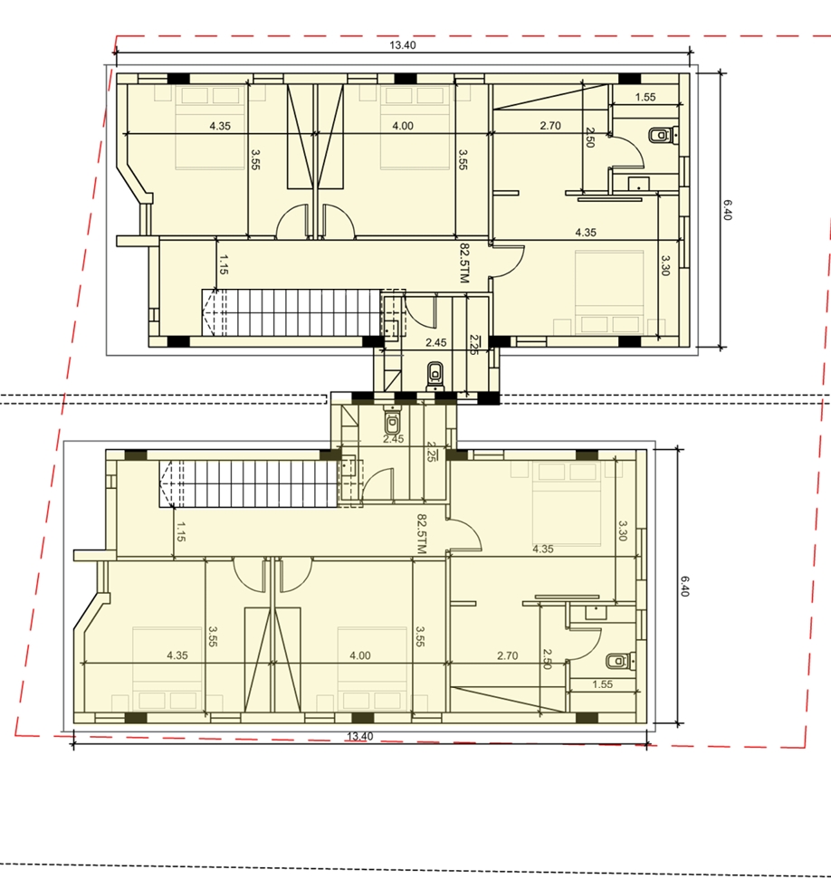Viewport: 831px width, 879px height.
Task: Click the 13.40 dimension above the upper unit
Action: [403, 45]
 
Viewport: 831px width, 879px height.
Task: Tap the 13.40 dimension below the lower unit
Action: [359, 736]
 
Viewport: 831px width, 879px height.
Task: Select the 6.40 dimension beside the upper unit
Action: [727, 210]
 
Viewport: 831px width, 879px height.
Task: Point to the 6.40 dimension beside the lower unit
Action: [684, 586]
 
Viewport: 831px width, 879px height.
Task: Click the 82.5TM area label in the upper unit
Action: [464, 263]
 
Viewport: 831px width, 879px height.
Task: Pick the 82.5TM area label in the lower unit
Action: [422, 534]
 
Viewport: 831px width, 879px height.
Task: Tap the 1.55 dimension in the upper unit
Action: [645, 97]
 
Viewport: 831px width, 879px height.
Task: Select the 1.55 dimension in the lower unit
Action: [602, 683]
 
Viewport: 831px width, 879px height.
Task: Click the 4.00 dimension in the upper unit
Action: [403, 126]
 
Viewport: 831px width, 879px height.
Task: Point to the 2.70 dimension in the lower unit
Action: [508, 655]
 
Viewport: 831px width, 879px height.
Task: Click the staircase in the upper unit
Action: [291, 312]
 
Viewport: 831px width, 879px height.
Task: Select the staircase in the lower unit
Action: [249, 483]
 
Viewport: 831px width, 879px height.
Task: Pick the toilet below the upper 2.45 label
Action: [435, 376]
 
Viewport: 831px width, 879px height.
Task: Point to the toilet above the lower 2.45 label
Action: [393, 420]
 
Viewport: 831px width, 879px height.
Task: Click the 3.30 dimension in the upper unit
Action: [665, 265]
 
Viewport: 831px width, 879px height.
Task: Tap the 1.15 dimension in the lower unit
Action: [180, 531]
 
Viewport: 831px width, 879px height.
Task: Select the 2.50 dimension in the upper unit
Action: [590, 138]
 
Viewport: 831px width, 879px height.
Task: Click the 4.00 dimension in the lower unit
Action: [360, 655]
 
